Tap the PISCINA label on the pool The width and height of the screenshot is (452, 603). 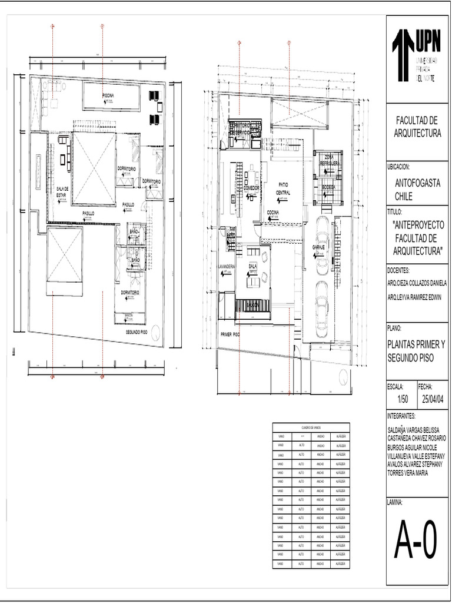click(108, 95)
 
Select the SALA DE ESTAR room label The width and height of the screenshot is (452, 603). click(62, 191)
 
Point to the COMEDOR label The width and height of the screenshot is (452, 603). click(251, 187)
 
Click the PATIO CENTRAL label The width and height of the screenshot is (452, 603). click(283, 188)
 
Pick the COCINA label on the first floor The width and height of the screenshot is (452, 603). click(272, 212)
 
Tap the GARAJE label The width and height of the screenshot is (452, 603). click(318, 247)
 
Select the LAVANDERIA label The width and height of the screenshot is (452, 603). click(227, 267)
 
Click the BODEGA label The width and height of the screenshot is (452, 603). click(328, 187)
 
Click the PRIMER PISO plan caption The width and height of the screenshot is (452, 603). click(230, 334)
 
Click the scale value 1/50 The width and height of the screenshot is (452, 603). click(403, 399)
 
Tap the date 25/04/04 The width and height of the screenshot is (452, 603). click(433, 399)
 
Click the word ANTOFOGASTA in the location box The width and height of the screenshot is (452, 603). click(417, 183)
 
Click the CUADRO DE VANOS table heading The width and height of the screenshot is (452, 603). click(311, 428)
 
